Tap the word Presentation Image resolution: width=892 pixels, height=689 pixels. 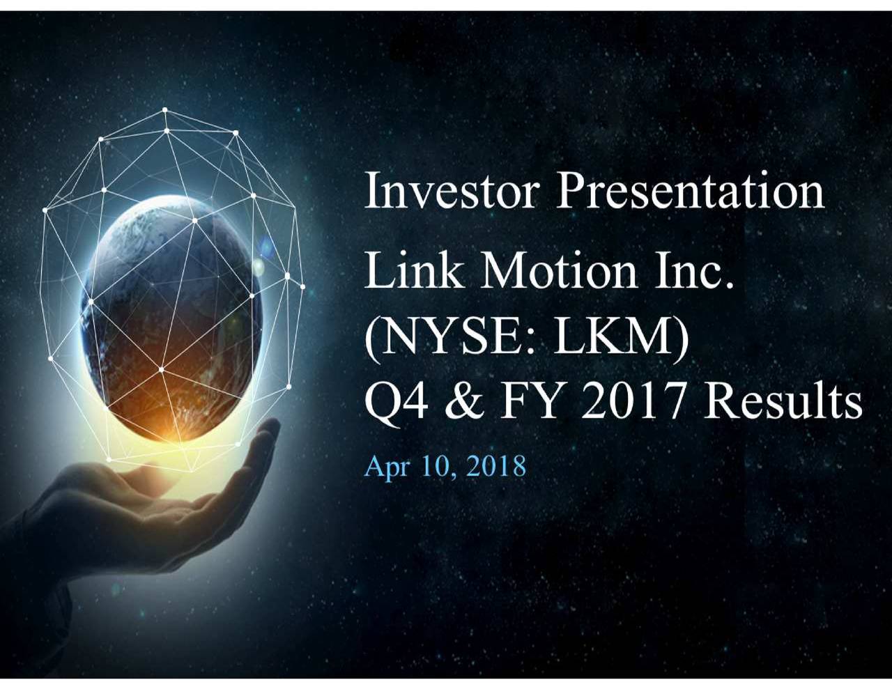[690, 192]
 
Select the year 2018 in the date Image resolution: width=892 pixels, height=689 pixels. [496, 465]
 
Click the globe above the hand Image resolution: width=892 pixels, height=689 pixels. [178, 307]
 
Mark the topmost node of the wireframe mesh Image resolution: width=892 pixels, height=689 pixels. [165, 109]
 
